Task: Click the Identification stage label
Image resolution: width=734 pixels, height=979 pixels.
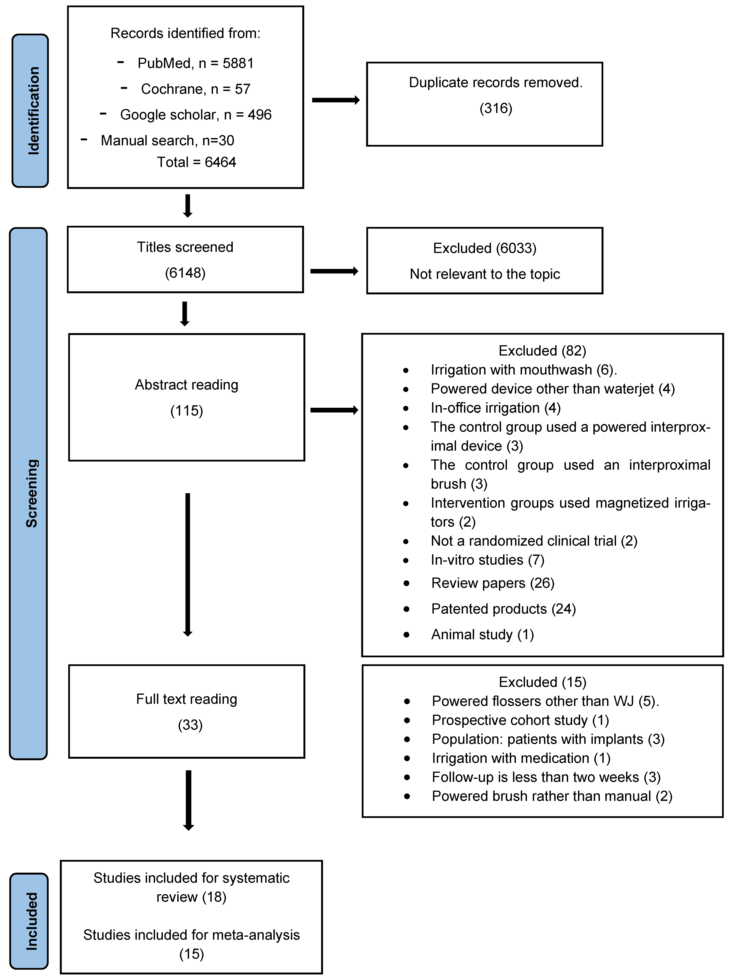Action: tap(30, 111)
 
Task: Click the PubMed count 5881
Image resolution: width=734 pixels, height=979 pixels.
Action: tap(238, 63)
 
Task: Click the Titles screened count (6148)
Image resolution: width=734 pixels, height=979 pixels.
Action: tap(185, 273)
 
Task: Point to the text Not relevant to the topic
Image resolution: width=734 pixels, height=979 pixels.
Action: tap(485, 274)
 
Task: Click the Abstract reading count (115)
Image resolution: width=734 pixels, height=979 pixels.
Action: tap(186, 411)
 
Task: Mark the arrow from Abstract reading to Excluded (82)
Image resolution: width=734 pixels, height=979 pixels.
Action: tap(334, 410)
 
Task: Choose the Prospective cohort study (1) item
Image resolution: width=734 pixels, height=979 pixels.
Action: tap(520, 720)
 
